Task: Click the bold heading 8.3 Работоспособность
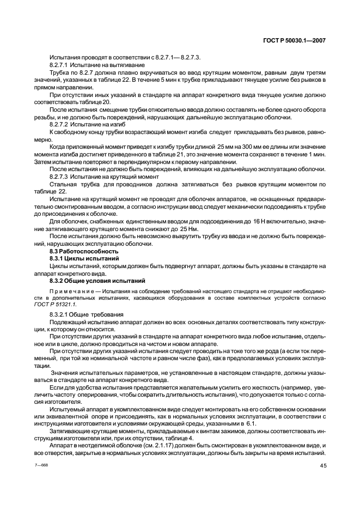pos(76,252)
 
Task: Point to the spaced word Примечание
pos(69,293)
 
